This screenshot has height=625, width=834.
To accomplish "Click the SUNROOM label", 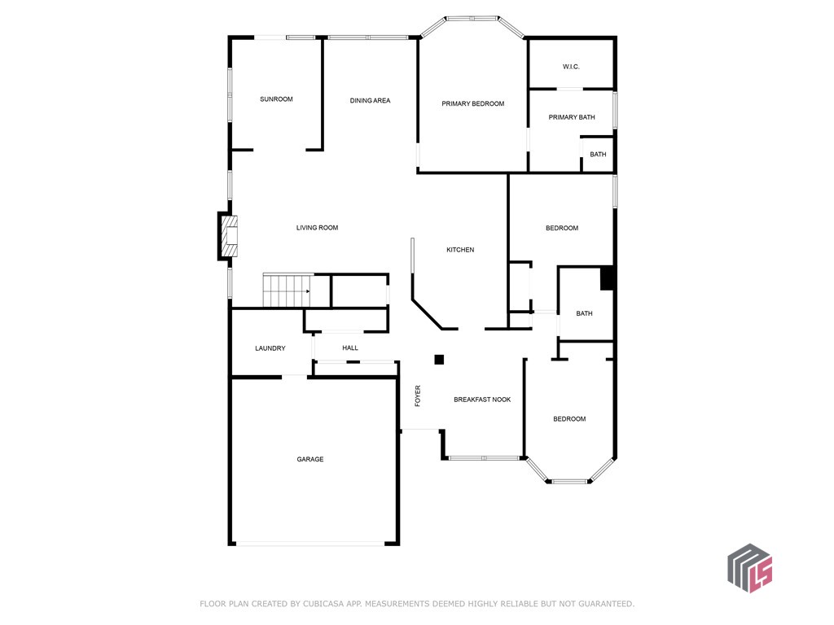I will [276, 99].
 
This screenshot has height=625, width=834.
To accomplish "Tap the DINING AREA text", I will [370, 101].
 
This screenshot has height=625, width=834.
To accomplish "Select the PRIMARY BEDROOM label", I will [472, 104].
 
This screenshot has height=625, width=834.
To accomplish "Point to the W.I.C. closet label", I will [570, 67].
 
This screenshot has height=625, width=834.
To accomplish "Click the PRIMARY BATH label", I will [571, 117].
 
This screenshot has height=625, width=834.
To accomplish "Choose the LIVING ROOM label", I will [317, 228].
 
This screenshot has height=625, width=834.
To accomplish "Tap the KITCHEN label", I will [459, 250].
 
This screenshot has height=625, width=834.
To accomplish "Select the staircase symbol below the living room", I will [286, 291].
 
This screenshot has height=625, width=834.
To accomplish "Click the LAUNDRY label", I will [270, 348].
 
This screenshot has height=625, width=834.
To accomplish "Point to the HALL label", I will [350, 348].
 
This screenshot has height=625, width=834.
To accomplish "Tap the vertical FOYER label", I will [418, 396].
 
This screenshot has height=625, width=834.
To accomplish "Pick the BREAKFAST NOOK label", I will [482, 400].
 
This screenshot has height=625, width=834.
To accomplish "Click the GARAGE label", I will [309, 460].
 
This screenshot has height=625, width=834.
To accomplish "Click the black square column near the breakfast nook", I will [439, 360].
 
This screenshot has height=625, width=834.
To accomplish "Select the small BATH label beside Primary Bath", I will [598, 155].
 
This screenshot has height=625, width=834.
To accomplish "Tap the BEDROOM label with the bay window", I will [569, 419].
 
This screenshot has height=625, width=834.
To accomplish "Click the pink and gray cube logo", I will [749, 567].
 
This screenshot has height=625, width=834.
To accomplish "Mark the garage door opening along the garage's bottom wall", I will [314, 544].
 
